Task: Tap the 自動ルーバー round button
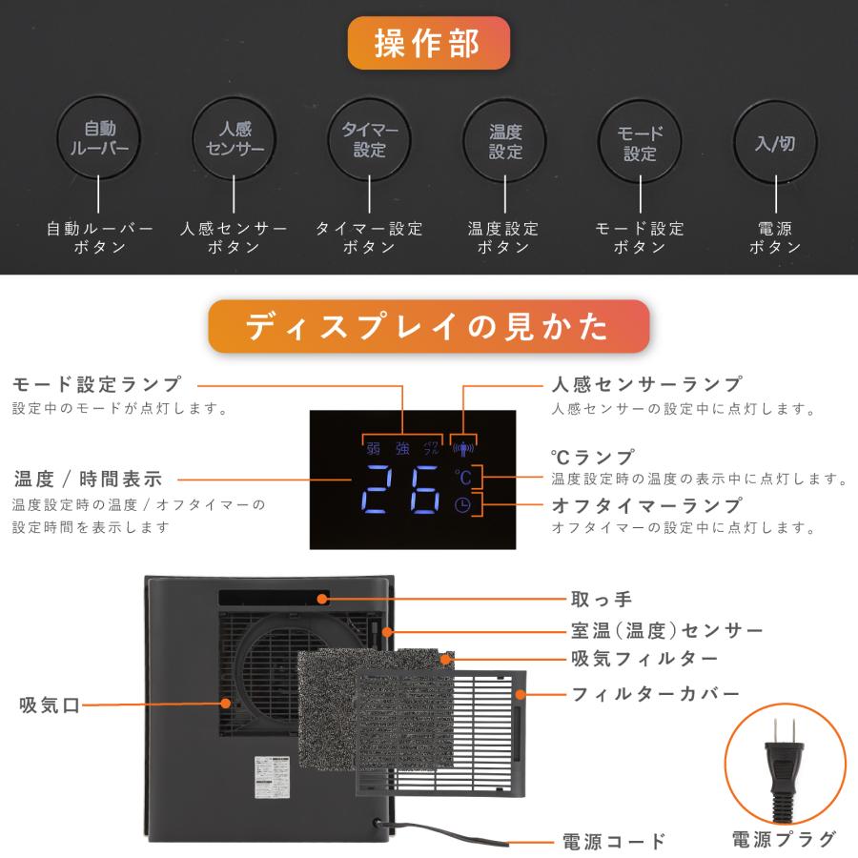coord(99,139)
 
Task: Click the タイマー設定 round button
coord(369,139)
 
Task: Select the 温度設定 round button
coord(505,139)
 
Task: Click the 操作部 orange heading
coord(428,43)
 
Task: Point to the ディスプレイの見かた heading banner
coord(428,326)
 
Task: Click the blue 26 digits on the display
coord(402,490)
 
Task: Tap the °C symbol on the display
coord(463,476)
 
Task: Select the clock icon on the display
coord(463,506)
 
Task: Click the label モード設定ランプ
coord(97,384)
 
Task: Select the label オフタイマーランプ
coord(646,504)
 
